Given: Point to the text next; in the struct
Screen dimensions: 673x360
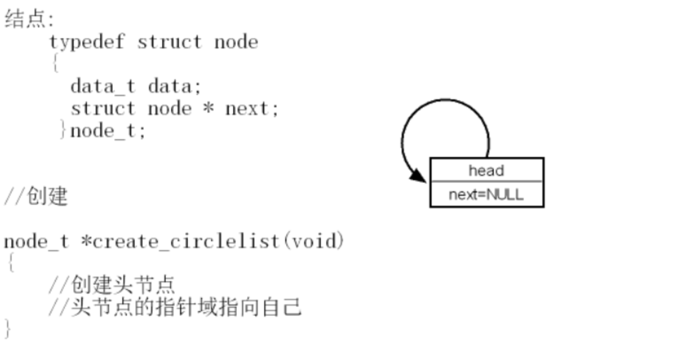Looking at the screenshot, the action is pos(252,109).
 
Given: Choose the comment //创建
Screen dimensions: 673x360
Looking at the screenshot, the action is pos(36,196).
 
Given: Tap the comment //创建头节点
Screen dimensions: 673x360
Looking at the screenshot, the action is pos(112,285).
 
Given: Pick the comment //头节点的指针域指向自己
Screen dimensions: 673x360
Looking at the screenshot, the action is pos(175,307).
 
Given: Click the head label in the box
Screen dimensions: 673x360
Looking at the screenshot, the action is pos(486,171).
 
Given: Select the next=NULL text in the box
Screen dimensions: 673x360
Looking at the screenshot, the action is pos(486,195).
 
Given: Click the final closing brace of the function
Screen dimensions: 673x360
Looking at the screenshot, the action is pos(7,329).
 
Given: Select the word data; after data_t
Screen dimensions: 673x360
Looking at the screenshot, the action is pos(175,86).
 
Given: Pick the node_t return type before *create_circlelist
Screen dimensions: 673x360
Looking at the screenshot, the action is pos(36,242).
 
